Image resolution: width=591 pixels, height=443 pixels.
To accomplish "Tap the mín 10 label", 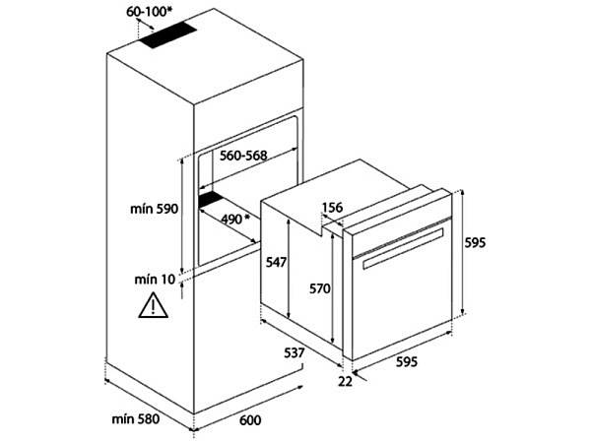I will [x=154, y=279].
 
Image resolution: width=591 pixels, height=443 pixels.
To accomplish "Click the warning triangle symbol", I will [x=153, y=306].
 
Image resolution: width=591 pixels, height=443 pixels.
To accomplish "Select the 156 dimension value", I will [x=332, y=208].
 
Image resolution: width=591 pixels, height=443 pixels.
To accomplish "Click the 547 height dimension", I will [x=275, y=262].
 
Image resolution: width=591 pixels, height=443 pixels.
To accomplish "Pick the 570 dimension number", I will [x=318, y=288].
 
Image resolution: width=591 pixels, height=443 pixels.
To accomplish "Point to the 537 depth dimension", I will [x=289, y=351].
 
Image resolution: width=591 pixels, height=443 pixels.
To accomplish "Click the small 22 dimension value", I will [x=344, y=380].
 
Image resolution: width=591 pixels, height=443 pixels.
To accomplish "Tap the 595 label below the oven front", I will [x=406, y=361].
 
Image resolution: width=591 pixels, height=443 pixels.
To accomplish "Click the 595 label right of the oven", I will [x=475, y=243].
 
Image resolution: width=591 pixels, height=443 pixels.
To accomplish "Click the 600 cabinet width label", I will [x=250, y=420].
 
